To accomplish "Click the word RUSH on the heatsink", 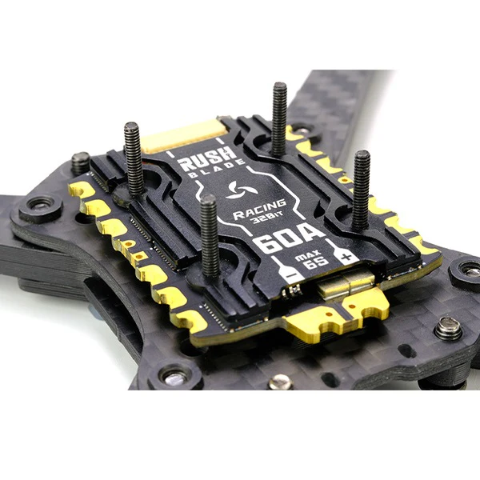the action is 207,159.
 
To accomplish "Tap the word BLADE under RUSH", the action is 217,169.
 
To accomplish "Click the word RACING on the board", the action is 259,210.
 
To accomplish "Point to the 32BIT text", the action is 266,218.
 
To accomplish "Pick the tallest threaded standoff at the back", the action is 279,119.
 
